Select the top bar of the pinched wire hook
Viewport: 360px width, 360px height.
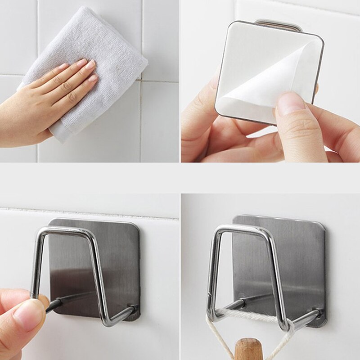(x=67, y=231)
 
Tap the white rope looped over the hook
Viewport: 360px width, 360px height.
(x=252, y=318)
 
